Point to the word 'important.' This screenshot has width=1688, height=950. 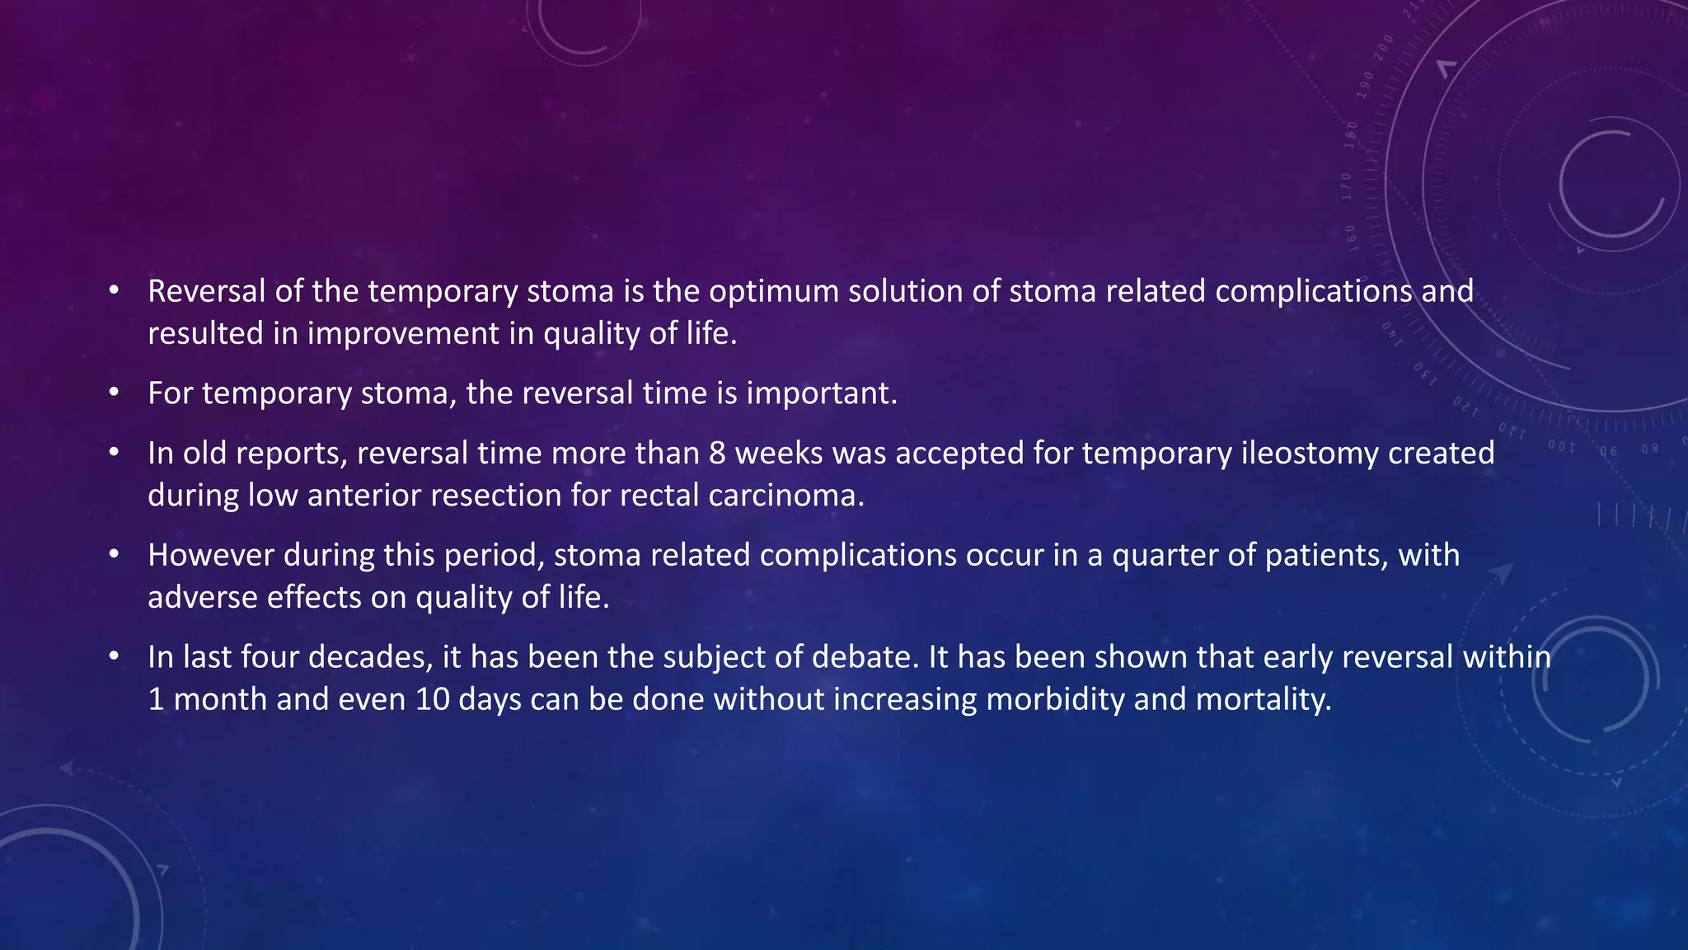821,393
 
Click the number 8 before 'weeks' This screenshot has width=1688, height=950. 717,454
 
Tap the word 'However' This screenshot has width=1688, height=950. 210,555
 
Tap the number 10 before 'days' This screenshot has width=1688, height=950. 432,699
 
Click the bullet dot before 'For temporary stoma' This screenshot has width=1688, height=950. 114,393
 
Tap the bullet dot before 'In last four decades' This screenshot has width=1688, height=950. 114,657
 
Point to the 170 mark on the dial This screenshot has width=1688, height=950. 1346,187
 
